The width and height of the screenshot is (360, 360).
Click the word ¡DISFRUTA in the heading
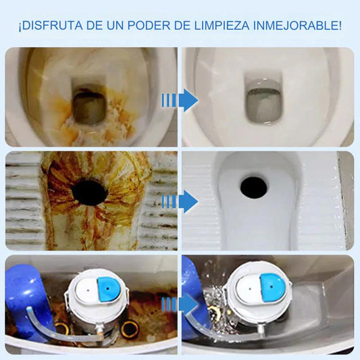(x=51, y=25)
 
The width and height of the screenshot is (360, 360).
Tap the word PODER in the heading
(x=149, y=25)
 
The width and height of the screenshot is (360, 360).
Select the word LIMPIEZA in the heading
(x=222, y=25)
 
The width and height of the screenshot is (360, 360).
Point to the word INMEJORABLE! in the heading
(x=297, y=25)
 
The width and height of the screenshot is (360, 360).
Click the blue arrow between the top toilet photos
(x=180, y=101)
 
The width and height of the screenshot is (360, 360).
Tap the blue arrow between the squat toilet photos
(x=180, y=201)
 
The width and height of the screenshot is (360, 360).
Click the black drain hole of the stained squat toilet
(x=90, y=192)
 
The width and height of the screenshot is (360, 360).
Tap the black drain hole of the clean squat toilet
(x=254, y=188)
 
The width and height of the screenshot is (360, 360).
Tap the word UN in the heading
(x=115, y=25)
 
